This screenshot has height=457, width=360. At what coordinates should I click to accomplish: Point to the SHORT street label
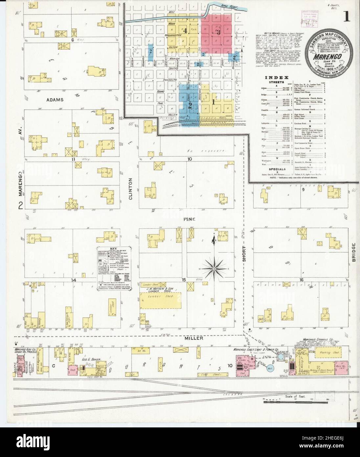(x=244, y=253)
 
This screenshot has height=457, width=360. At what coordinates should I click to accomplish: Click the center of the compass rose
(x=214, y=269)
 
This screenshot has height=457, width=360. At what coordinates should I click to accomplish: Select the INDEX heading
(x=272, y=77)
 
